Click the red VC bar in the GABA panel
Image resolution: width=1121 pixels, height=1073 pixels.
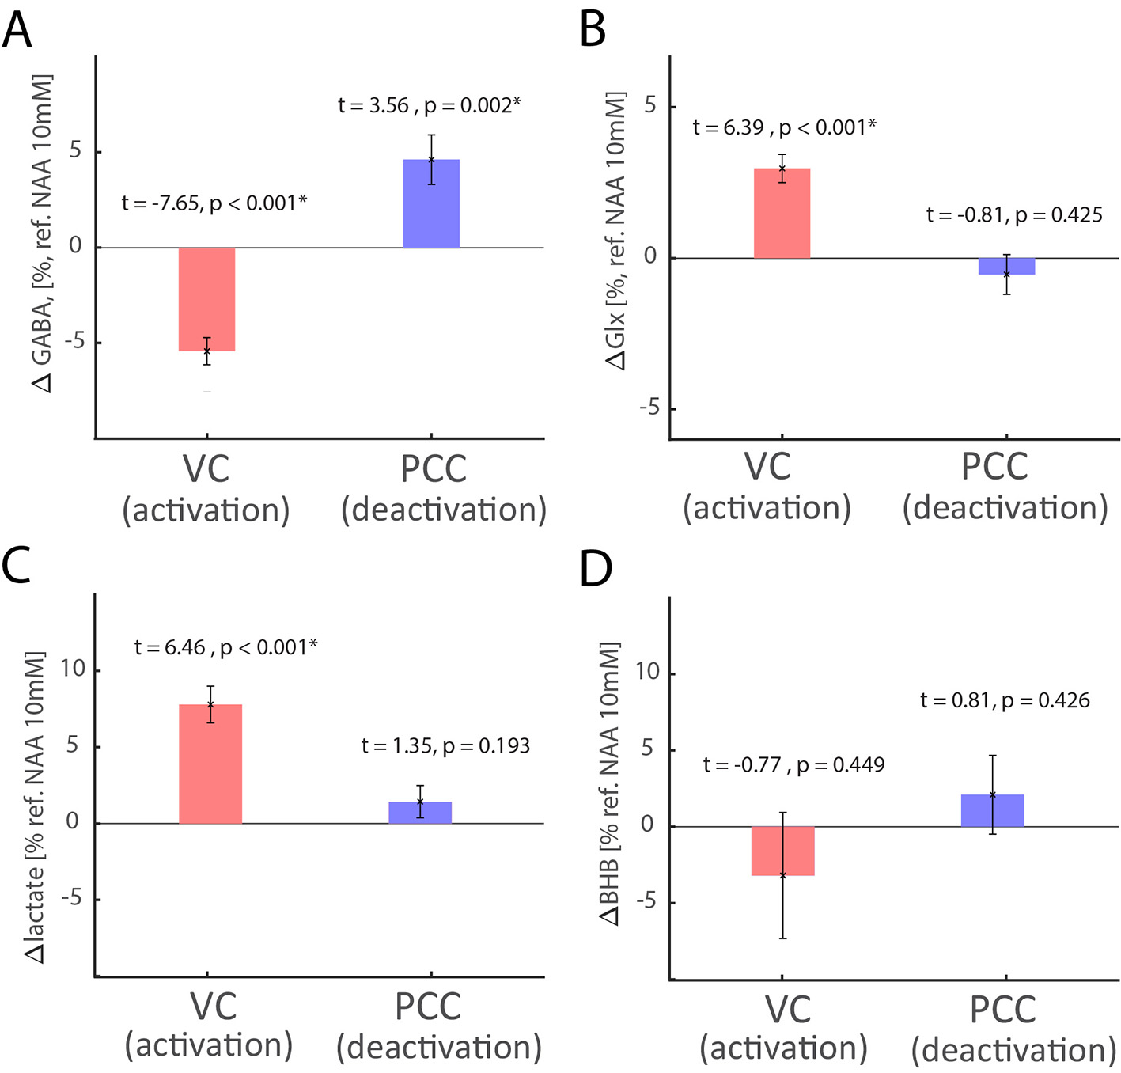[206, 299]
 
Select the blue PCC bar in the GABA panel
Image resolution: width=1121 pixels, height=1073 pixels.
[431, 204]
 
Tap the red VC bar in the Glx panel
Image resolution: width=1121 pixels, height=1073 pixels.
[782, 214]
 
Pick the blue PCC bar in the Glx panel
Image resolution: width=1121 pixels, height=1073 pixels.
[1006, 267]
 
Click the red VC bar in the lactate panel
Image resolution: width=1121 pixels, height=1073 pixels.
[210, 764]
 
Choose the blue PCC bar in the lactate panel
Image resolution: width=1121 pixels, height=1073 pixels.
[420, 813]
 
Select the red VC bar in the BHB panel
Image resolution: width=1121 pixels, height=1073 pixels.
[782, 851]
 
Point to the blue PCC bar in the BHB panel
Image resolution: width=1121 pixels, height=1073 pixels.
[992, 811]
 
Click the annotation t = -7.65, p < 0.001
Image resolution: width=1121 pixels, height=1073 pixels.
[214, 203]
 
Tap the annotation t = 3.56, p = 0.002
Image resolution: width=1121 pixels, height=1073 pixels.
[430, 105]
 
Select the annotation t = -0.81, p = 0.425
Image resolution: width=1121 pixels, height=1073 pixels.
[1014, 215]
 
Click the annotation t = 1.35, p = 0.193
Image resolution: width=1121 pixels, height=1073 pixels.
[445, 746]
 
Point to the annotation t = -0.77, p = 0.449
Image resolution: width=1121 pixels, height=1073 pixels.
[793, 765]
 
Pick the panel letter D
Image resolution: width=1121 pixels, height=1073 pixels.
[596, 569]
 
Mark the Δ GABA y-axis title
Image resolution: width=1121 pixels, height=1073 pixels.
[43, 233]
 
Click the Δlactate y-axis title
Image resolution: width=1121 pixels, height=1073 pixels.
[36, 807]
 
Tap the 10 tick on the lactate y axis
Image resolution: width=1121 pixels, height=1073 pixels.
[73, 669]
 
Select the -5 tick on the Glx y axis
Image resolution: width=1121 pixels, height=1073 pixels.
[649, 408]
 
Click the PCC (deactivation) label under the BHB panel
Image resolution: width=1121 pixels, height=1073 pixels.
[1013, 1030]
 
